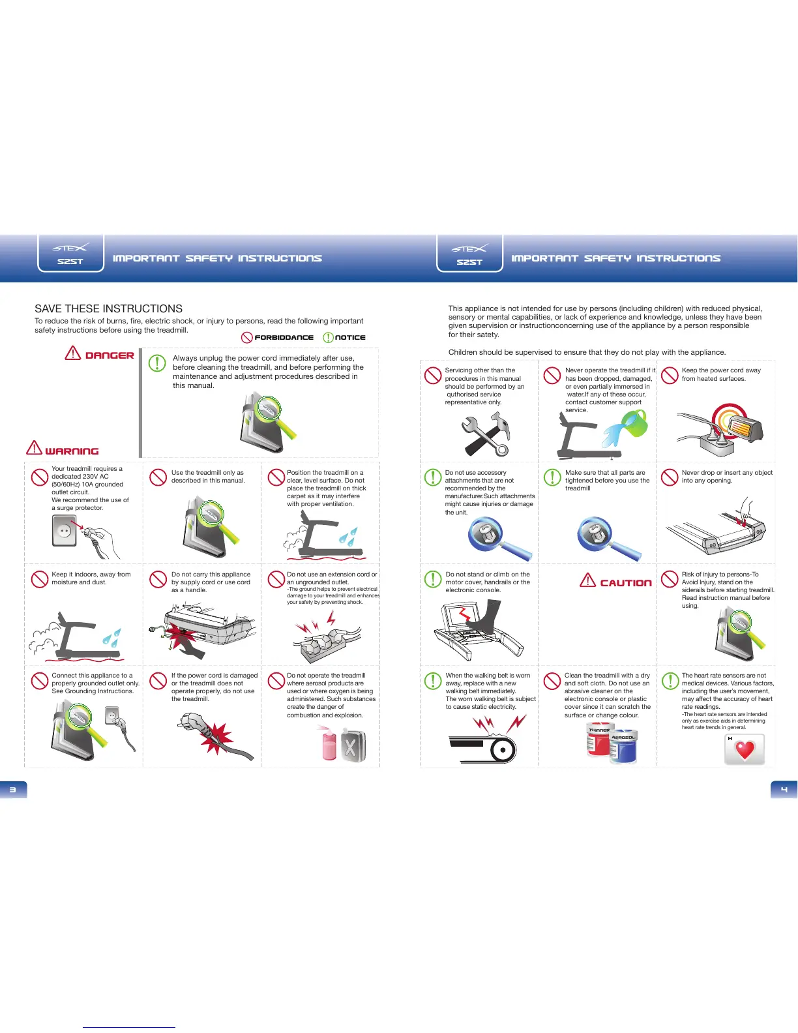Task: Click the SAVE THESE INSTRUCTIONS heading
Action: coord(108,308)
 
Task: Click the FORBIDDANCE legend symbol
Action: coord(247,337)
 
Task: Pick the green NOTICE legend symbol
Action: coord(329,337)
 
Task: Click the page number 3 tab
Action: coord(13,789)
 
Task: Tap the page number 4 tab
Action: coord(784,789)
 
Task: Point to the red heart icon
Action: coord(745,750)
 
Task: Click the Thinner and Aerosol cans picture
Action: coord(612,743)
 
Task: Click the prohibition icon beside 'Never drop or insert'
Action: coord(670,477)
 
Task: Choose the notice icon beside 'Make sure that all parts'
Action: coord(552,477)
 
